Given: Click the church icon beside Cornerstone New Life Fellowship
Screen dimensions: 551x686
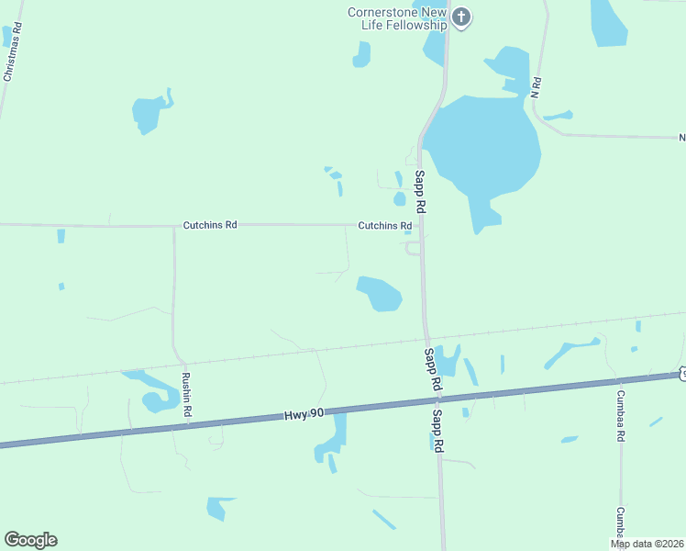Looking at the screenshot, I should [461, 17].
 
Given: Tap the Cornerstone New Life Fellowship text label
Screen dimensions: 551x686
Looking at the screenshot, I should [396, 18].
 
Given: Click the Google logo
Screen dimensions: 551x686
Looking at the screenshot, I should [30, 540].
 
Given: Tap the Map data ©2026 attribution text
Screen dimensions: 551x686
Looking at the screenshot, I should [647, 544].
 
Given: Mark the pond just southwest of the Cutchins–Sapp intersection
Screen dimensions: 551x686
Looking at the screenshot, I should [380, 294].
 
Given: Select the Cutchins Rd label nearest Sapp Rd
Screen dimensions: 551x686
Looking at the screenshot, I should [384, 225].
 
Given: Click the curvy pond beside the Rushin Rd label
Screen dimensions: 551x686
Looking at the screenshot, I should [151, 390].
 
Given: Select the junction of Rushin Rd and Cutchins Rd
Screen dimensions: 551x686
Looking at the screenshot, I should [173, 225].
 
